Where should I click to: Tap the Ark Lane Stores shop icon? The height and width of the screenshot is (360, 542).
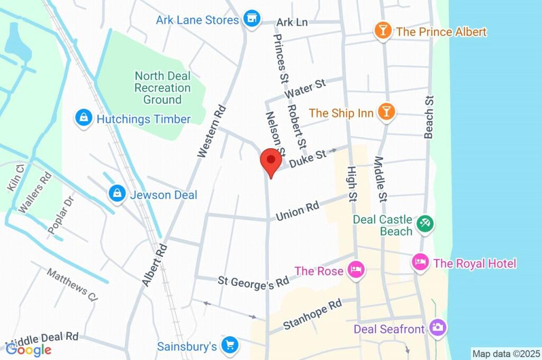[x=252, y=19]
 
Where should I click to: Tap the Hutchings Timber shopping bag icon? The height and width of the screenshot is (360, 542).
[x=84, y=119]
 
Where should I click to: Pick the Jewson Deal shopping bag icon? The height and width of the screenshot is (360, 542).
[x=116, y=194]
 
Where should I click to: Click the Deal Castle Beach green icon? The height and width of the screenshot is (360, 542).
[x=424, y=223]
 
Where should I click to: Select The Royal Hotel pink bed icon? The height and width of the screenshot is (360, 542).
[x=420, y=263]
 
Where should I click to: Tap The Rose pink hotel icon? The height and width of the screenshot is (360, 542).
[x=355, y=271]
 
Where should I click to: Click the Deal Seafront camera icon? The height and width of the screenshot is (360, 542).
[x=437, y=328]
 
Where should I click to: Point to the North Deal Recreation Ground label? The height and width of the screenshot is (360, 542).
[x=162, y=88]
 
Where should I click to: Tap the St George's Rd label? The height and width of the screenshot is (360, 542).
[x=253, y=282]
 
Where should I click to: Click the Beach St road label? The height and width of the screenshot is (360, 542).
[x=429, y=117]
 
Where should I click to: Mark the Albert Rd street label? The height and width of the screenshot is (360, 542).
[x=155, y=265]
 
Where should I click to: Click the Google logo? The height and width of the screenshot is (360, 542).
[x=29, y=349]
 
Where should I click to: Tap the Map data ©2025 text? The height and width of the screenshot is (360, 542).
[x=505, y=353]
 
